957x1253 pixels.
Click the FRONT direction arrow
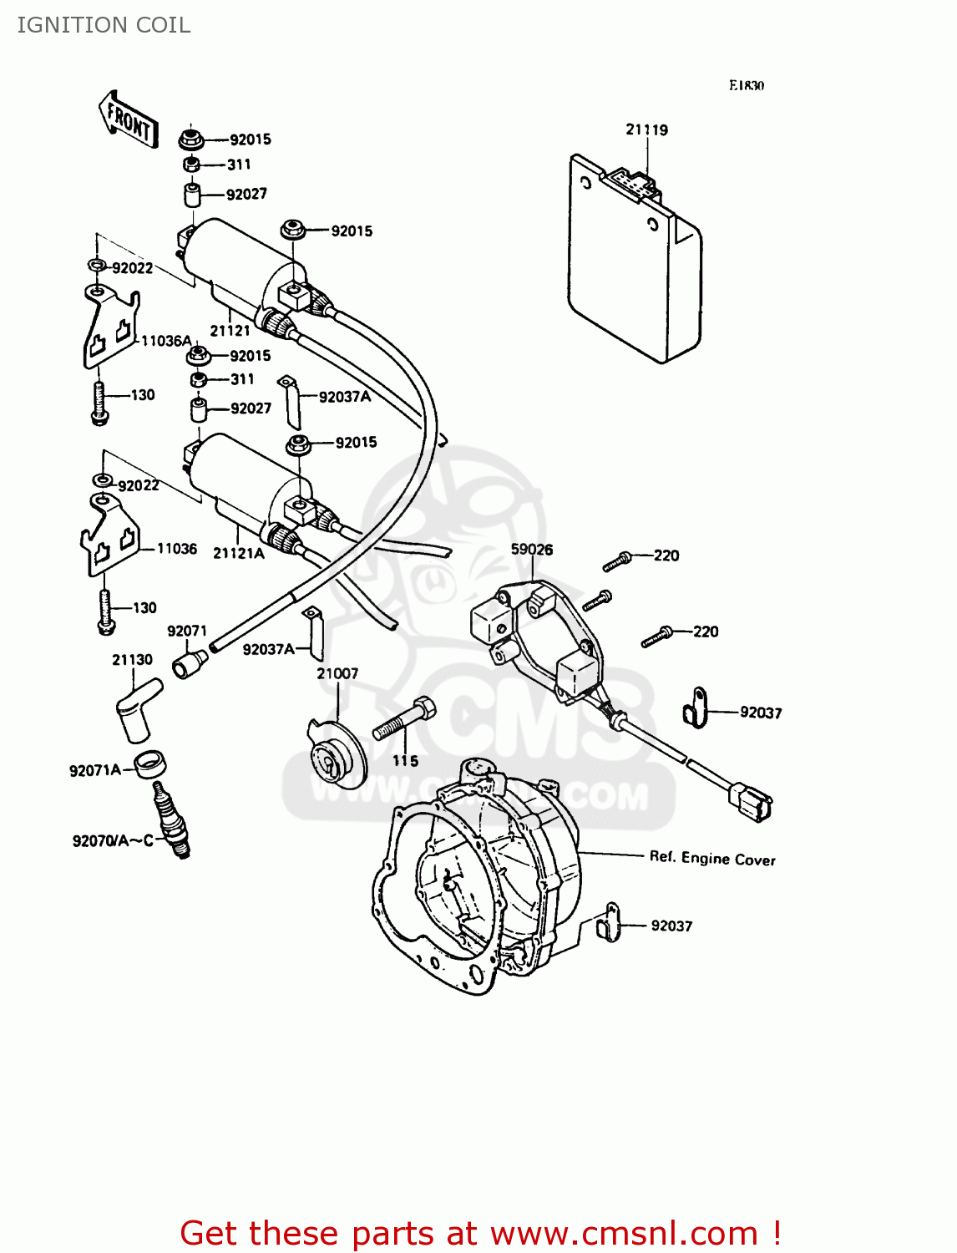pos(129,119)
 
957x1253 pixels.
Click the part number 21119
pos(646,129)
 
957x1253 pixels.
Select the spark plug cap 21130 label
pos(132,659)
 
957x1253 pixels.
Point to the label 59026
pos(531,549)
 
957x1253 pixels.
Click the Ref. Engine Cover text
pos(711,858)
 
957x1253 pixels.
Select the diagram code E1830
pos(746,85)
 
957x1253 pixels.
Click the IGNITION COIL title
pos(104,25)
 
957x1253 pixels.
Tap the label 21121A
pos(238,553)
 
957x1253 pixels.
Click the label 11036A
pos(166,341)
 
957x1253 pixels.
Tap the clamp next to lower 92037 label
pos(610,922)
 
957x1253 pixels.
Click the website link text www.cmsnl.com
pos(623,1233)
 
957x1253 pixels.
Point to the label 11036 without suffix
pos(176,549)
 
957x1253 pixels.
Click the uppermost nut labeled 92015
pos(191,139)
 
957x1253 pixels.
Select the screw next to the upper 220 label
pos(616,562)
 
